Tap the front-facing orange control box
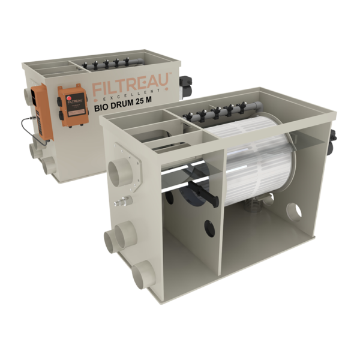coord(73,106)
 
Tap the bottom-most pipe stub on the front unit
coord(143,273)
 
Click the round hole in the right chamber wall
coord(294,211)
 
